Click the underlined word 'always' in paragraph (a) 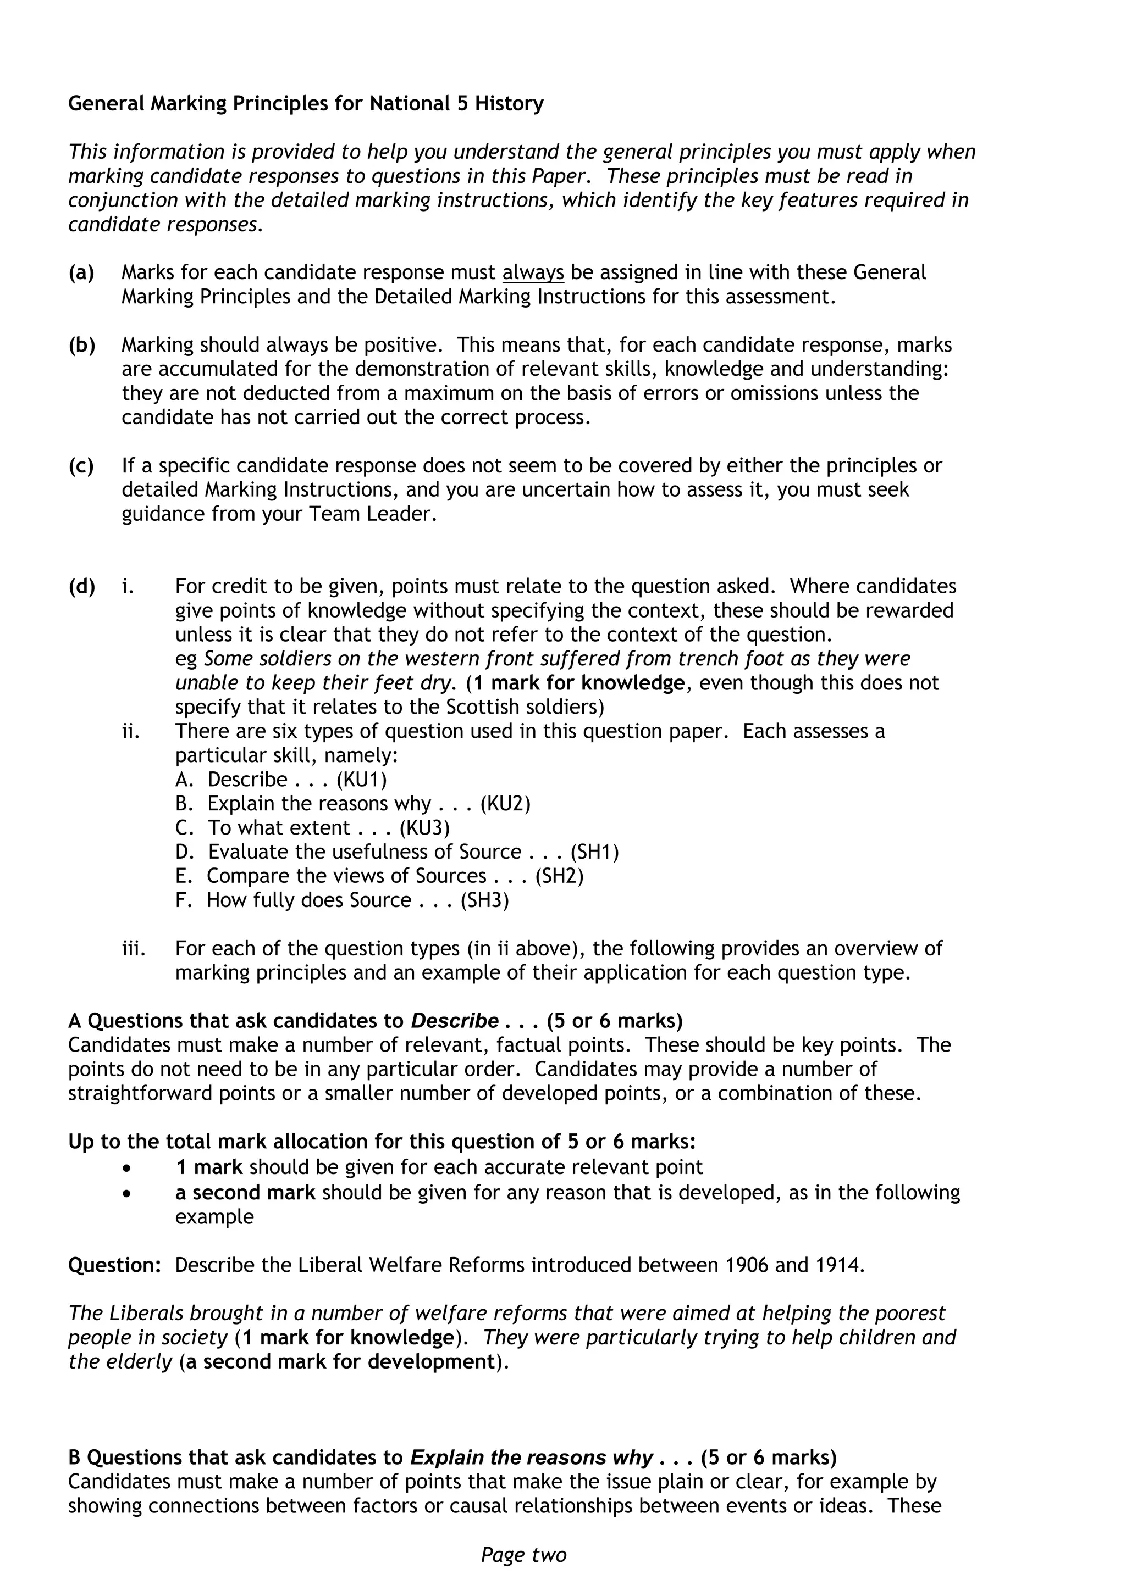[533, 272]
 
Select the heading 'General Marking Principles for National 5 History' [306, 104]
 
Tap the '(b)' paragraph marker [82, 345]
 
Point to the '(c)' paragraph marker [81, 466]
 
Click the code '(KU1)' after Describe [362, 780]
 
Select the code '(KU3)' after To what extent [425, 828]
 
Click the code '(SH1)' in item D [594, 852]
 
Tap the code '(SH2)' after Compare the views [560, 877]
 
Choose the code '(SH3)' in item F [484, 901]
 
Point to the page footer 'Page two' [523, 1555]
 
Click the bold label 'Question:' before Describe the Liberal [114, 1265]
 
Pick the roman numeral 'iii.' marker [134, 949]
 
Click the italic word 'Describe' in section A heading [455, 1021]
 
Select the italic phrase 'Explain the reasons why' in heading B [532, 1458]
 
